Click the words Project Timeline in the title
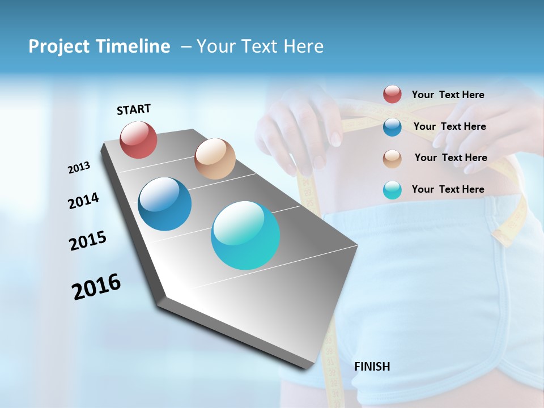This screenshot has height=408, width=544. pos(99,46)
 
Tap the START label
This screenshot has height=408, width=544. pos(134,109)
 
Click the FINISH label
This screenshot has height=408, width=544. pos(372,367)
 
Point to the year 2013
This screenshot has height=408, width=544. pos(79,168)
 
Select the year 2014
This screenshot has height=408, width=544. pos(83,201)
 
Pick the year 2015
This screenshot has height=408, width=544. pos(88,241)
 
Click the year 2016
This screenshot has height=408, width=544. pos(96,287)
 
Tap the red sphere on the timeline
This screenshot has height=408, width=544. pos(139,140)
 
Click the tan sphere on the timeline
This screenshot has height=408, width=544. pos(215,159)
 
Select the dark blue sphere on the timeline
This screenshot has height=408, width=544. pos(165,204)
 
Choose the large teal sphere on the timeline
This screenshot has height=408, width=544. pos(245,235)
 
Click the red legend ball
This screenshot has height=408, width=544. pos(392,95)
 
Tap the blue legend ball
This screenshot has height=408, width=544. pos(392,127)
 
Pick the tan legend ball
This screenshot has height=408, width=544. pos(392,158)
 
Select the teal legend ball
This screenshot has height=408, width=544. pos(392,190)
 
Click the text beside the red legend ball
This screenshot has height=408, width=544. pos(448,95)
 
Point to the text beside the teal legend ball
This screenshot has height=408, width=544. pos(448,189)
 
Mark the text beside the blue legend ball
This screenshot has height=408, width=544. pos(449,126)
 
